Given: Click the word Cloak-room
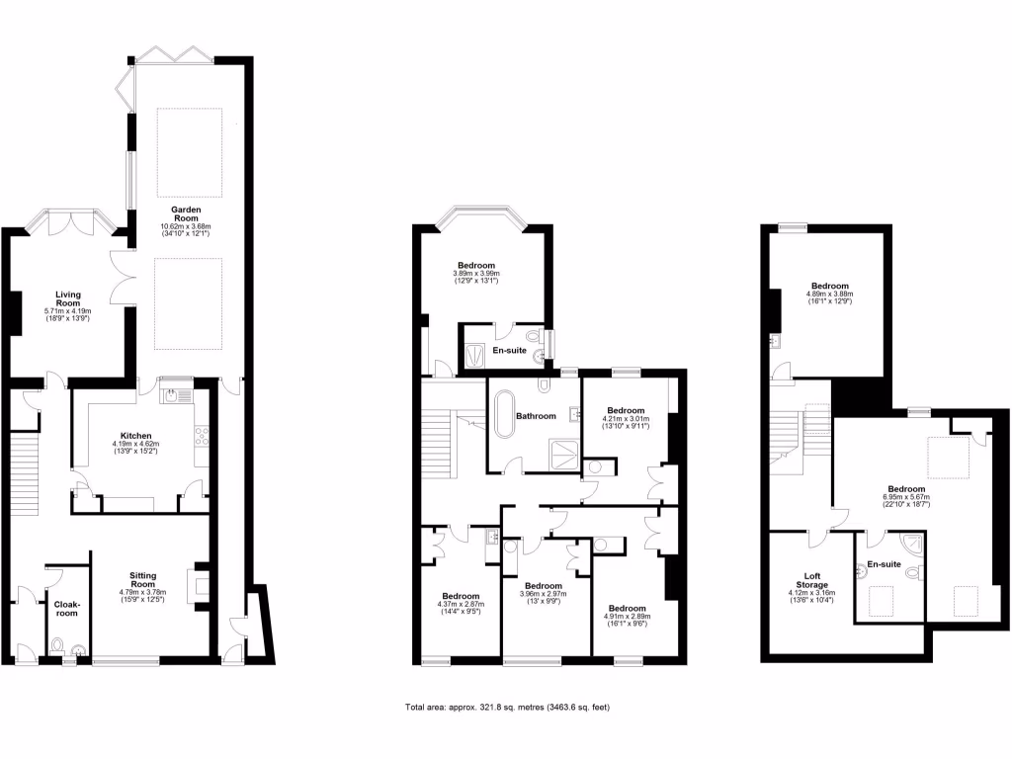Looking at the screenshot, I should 67,608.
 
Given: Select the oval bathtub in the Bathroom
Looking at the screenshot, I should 504,415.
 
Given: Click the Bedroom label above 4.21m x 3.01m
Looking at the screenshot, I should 625,410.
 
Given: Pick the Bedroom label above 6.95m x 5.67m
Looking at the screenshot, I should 906,489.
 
